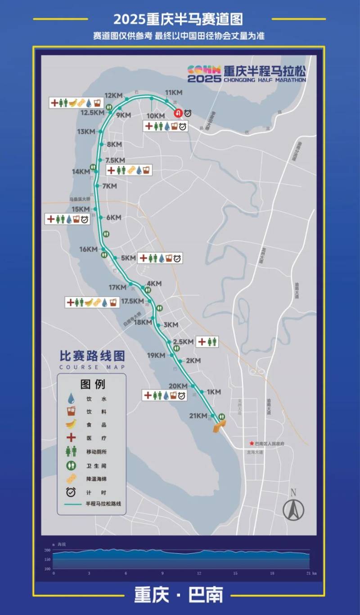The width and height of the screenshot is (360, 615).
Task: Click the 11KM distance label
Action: pos(174,93)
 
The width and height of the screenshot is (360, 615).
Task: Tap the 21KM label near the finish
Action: pos(198,416)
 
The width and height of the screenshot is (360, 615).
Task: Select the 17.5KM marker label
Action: pos(132,301)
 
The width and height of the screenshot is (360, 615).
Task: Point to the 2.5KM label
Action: pos(183,342)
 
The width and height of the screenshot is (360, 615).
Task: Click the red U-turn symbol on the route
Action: pos(178,113)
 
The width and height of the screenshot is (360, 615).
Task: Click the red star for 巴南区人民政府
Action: pos(252,443)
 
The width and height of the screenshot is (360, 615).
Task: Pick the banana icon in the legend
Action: pos(71,424)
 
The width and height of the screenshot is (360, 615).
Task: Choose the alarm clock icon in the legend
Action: pos(71,493)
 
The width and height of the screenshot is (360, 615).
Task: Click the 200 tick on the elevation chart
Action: pos(47,551)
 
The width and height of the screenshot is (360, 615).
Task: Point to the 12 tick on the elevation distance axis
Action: pos(199,574)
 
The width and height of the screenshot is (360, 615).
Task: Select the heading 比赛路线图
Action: pos(92,356)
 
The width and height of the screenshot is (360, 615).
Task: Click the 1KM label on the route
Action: pos(213,392)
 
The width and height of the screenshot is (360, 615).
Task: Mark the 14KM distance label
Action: pos(81,172)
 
